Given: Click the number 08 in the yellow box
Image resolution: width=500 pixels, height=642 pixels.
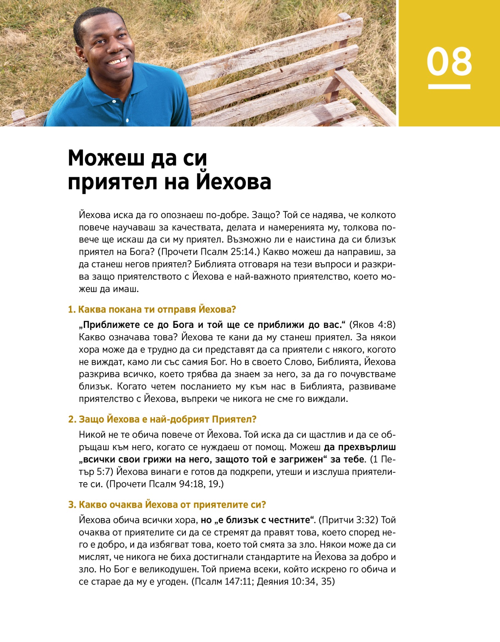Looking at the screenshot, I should [449, 62].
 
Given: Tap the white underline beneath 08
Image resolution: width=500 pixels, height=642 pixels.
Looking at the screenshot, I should [449, 87].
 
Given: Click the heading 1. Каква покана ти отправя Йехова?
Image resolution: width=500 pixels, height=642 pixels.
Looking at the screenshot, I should [152, 310].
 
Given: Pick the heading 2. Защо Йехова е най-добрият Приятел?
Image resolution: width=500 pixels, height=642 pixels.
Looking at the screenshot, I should [162, 419].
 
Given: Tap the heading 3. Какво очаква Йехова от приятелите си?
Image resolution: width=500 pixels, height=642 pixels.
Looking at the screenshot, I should [167, 505].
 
